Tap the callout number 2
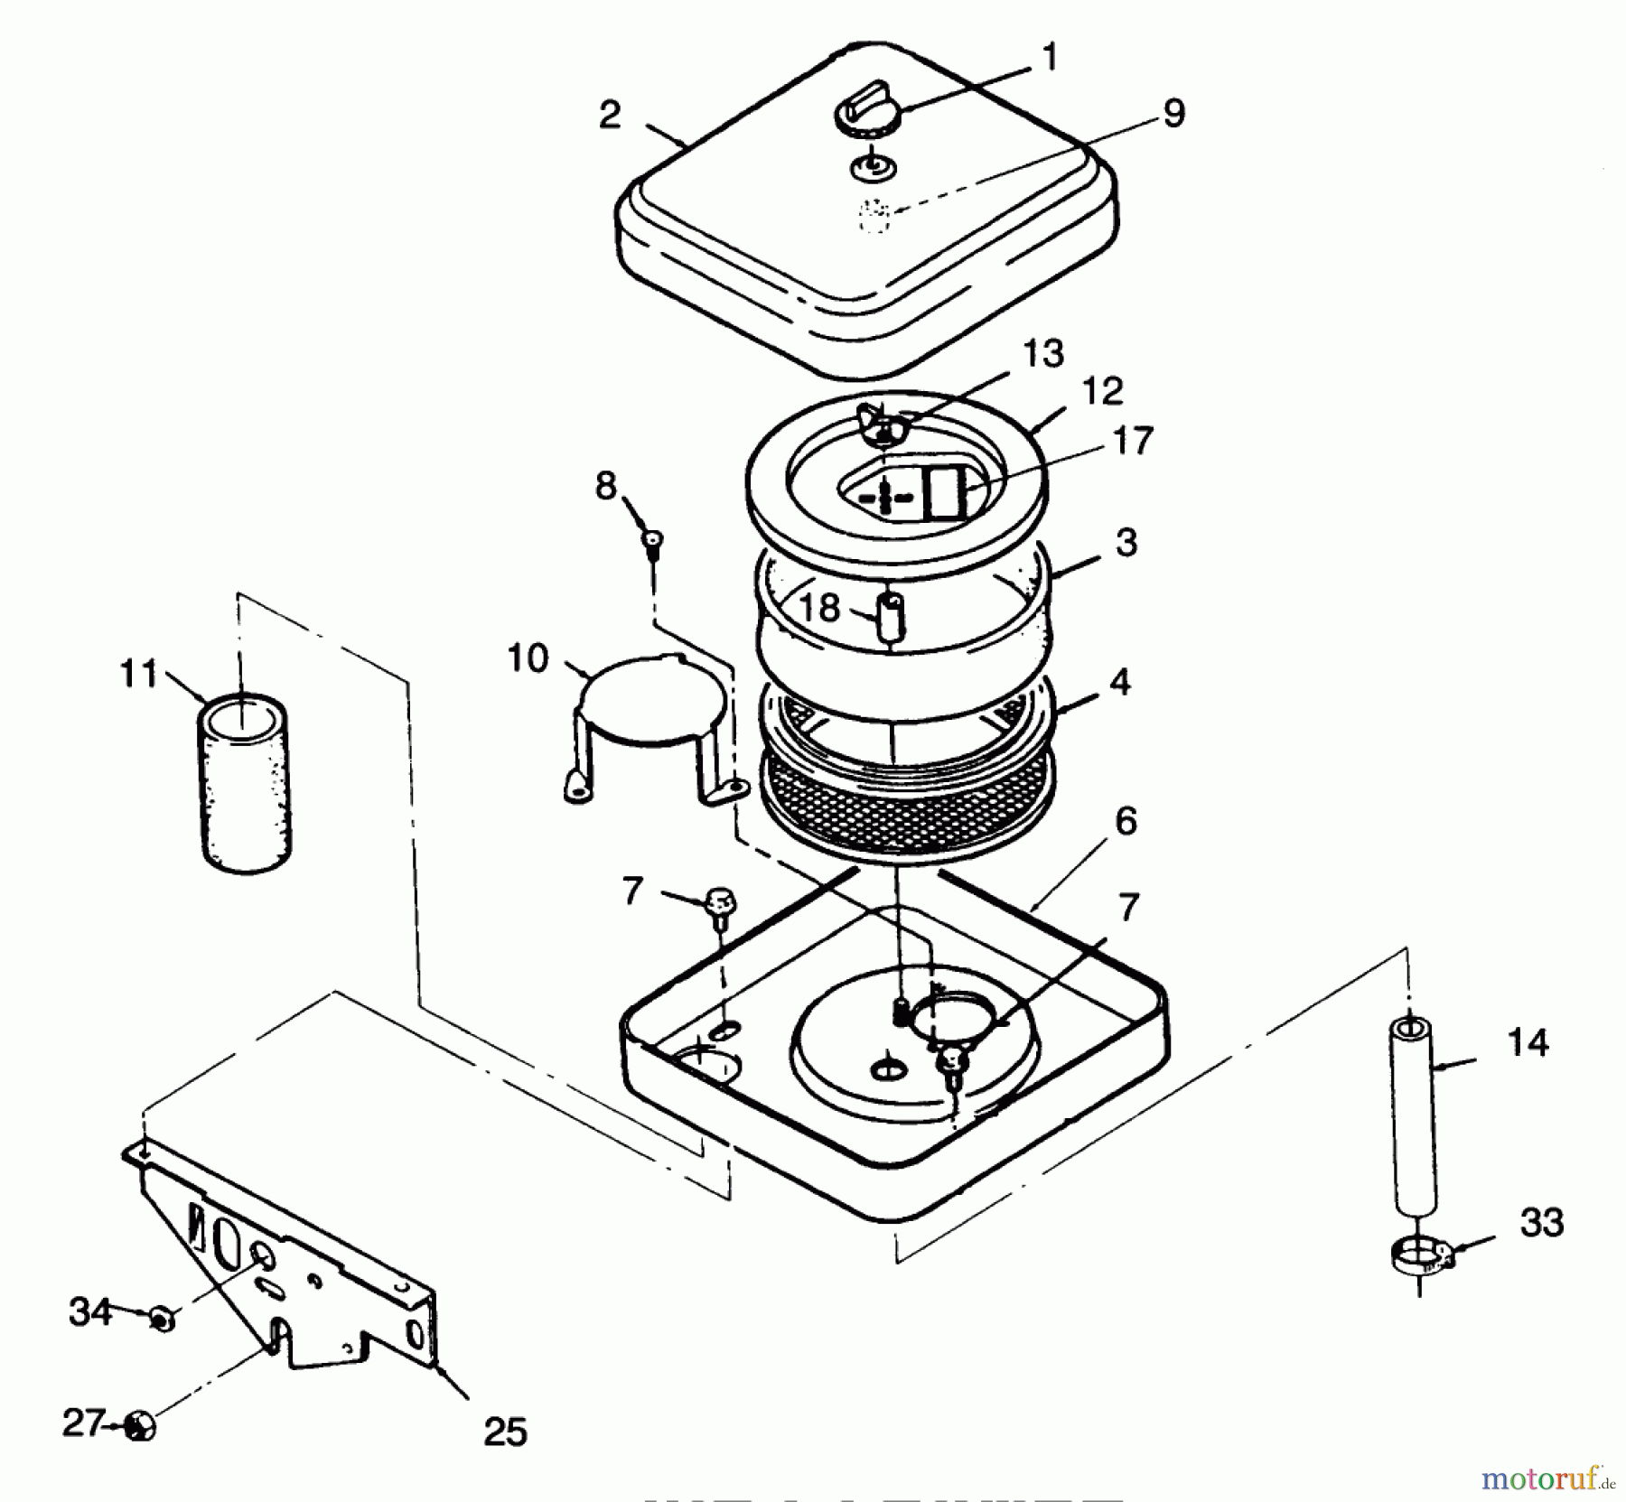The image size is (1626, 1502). click(x=610, y=116)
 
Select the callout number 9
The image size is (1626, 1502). click(x=1173, y=115)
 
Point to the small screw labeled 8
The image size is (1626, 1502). click(x=652, y=540)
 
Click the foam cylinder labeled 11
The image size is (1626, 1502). click(x=245, y=782)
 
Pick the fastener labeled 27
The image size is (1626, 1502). click(x=140, y=1427)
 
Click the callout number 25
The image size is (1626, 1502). click(x=505, y=1432)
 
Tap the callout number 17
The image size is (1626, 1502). click(x=1134, y=441)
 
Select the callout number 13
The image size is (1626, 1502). click(x=1043, y=353)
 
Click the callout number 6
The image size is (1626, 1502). click(x=1126, y=822)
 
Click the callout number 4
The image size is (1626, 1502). click(x=1119, y=683)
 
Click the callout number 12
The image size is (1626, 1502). click(x=1102, y=391)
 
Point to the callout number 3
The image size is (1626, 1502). click(x=1126, y=543)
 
